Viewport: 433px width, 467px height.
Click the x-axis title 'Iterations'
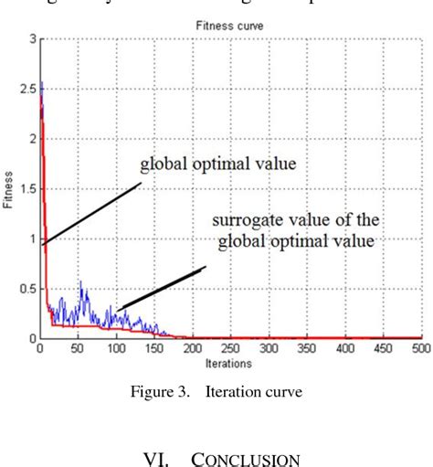click(230, 363)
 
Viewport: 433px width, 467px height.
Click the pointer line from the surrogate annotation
click(161, 287)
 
